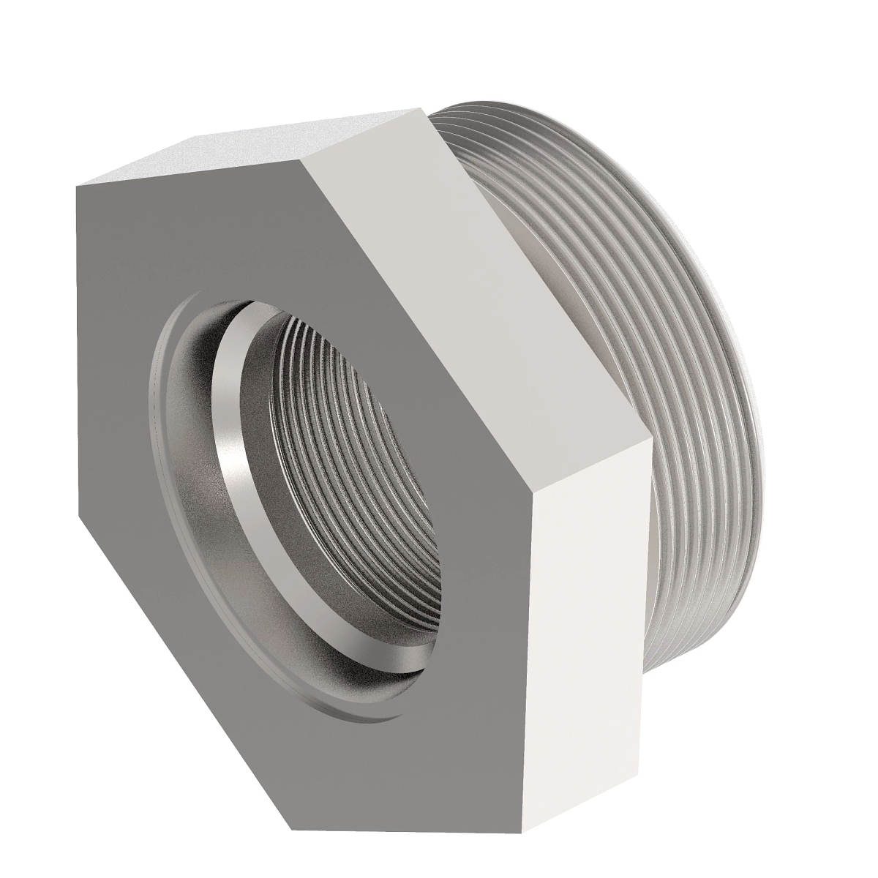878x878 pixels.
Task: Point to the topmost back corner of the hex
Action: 422,108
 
